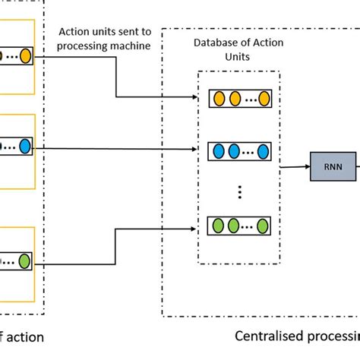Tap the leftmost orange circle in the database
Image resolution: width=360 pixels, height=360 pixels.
pos(219,98)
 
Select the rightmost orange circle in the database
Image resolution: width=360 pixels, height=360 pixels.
pos(262,98)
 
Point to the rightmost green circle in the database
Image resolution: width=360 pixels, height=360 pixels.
pos(262,226)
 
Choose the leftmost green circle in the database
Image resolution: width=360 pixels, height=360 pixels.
pos(219,226)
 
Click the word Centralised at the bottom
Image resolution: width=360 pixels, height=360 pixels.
pos(268,336)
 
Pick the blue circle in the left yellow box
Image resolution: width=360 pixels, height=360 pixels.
pos(25,144)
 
